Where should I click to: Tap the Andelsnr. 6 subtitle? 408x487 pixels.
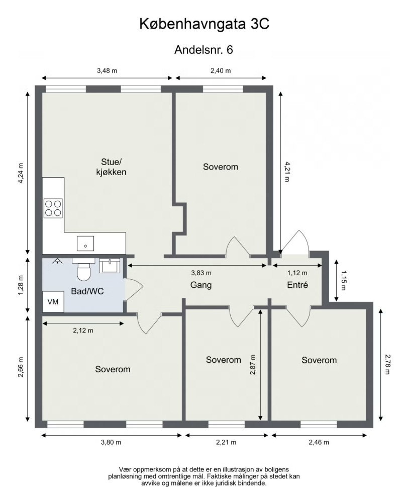click(x=203, y=50)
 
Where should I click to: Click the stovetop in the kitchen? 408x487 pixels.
click(x=53, y=208)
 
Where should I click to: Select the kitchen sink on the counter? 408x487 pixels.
click(x=85, y=243)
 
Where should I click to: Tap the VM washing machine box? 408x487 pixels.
click(x=53, y=302)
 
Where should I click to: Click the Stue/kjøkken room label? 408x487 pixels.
click(x=111, y=167)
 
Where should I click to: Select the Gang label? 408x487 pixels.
click(x=200, y=285)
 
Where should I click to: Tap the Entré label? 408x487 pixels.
click(x=296, y=285)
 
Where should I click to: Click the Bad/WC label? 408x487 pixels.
click(x=87, y=291)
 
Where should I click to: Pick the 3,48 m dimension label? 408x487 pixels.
click(x=107, y=71)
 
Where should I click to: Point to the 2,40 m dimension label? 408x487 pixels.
click(x=221, y=71)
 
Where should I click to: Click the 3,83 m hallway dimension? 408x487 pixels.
click(x=201, y=273)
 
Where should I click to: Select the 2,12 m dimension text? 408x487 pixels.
click(x=83, y=331)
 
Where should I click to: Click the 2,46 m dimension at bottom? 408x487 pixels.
click(x=319, y=442)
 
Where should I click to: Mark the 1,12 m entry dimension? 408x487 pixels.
click(x=297, y=273)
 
